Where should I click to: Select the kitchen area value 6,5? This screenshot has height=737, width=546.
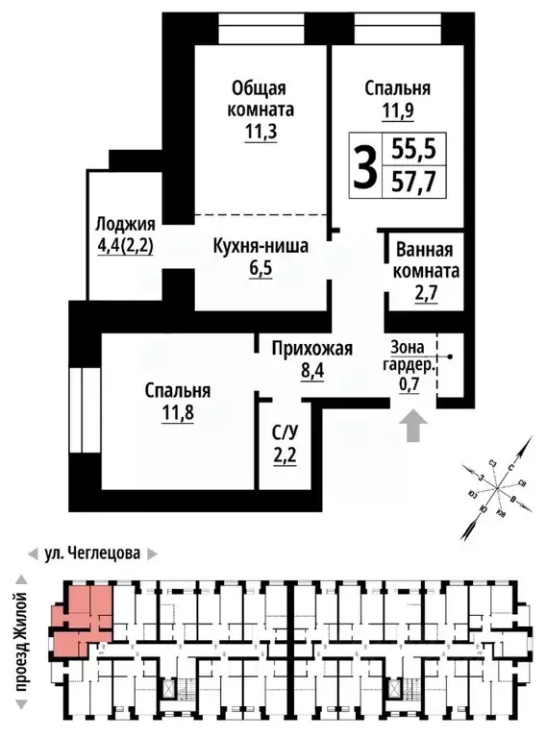point(261,268)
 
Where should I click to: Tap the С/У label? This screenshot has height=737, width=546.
point(285,431)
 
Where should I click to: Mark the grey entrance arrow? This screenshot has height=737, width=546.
point(413,426)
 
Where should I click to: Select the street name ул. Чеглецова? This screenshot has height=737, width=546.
point(92,553)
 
